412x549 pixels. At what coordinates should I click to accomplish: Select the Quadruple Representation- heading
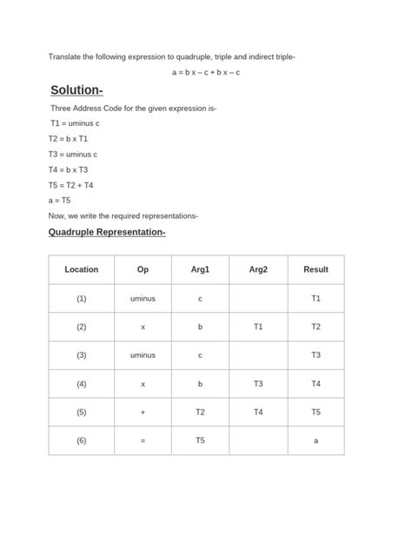point(107,233)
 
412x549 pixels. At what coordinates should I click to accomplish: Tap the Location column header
point(82,269)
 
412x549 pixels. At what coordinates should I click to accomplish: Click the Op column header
point(143,269)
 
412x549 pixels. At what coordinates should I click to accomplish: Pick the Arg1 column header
point(200,269)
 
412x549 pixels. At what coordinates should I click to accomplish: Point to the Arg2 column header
point(258,269)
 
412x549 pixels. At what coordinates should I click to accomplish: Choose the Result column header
point(316,269)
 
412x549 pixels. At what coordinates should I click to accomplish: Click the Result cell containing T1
point(316,298)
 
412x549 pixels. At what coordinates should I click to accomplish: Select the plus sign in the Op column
point(143,412)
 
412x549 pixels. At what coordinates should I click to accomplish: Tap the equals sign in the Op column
point(143,440)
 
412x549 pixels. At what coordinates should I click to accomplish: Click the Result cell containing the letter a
point(316,440)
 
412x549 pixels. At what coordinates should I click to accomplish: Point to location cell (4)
point(82,383)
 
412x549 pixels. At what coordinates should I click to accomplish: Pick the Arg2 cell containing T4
point(258,412)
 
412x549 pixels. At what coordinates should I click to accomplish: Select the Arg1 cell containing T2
point(200,412)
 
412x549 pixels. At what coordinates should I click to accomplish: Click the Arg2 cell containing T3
point(258,383)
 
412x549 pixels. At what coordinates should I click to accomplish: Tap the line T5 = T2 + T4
point(71,185)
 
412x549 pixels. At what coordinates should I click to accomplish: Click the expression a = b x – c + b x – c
point(205,72)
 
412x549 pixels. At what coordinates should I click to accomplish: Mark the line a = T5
point(60,200)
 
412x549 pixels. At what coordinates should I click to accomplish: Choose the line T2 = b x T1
point(68,139)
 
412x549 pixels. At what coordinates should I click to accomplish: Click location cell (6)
point(82,440)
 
